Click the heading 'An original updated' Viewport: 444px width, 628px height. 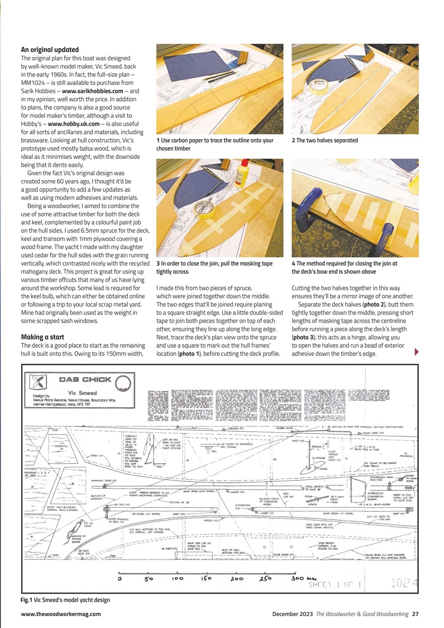click(x=49, y=50)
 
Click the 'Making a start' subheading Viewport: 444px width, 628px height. click(x=42, y=337)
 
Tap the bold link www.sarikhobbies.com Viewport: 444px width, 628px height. click(x=93, y=91)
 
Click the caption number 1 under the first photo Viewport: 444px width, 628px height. click(x=158, y=140)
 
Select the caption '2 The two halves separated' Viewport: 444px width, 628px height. click(x=324, y=140)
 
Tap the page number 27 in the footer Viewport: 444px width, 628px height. click(x=415, y=614)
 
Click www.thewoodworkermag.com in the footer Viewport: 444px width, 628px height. click(x=61, y=614)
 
